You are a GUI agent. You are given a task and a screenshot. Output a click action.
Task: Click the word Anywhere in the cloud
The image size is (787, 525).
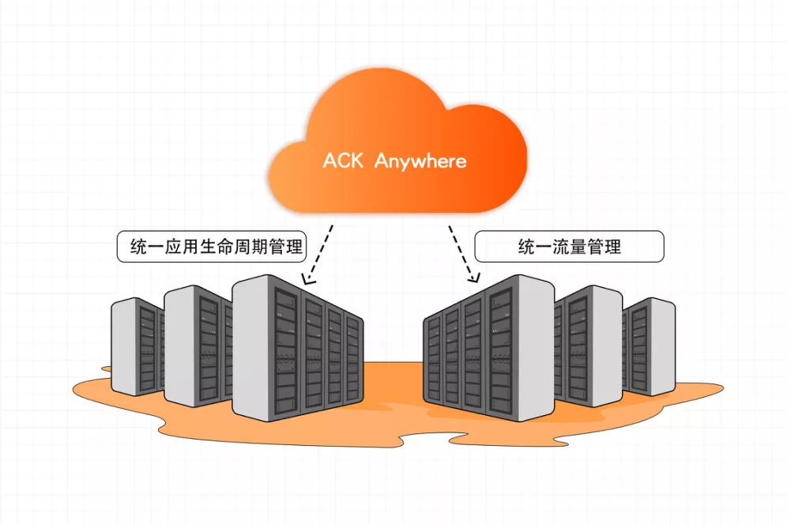pos(420,162)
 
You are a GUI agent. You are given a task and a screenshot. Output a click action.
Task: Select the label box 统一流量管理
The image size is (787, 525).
pos(569,247)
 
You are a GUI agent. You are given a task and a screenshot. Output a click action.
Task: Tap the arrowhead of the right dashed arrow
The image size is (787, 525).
pos(473,278)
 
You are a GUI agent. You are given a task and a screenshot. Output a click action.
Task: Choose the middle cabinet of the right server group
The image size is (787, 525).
pos(589,344)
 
